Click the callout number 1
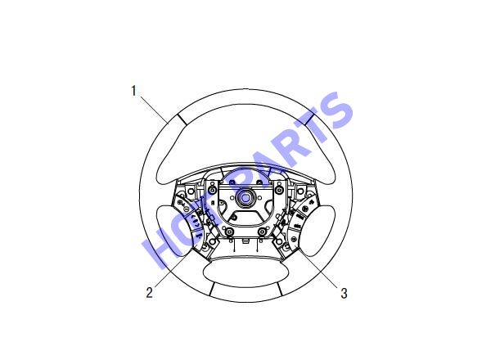134,91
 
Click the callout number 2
150,292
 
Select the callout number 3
344,294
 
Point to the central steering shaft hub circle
245,197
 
